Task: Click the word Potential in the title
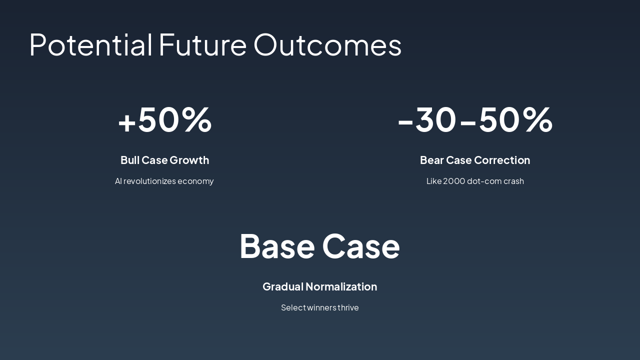90,45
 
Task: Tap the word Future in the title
202,45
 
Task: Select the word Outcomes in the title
327,45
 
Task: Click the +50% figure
165,119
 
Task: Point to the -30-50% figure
475,119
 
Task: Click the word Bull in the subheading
130,160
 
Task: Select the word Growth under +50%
189,160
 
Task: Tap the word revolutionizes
149,181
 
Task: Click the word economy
195,181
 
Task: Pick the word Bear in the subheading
432,160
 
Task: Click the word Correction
502,160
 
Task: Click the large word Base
277,246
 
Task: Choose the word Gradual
283,286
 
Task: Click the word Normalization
341,286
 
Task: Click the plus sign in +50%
127,122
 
